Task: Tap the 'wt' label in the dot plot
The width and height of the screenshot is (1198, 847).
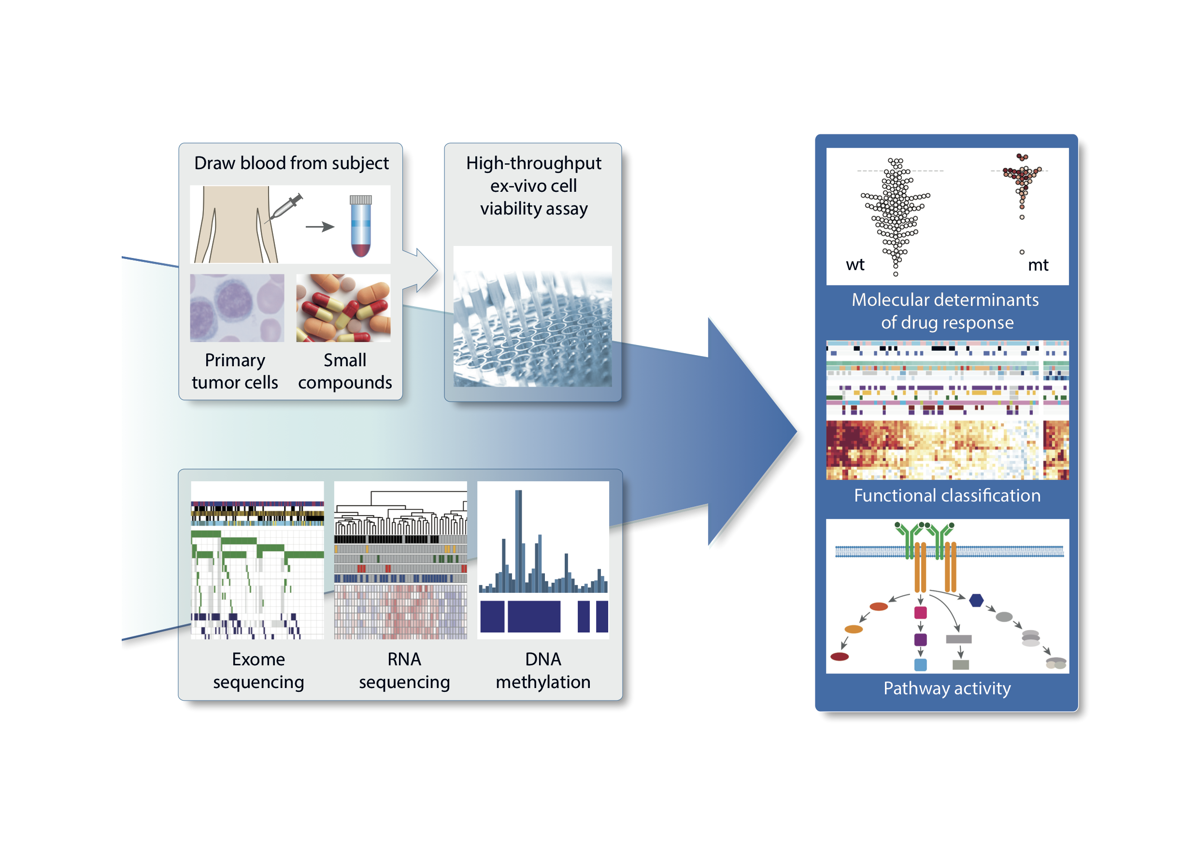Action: [x=855, y=265]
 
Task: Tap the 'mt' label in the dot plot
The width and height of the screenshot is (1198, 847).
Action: [x=1038, y=265]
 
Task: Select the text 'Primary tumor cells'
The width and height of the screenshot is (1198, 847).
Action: [x=235, y=371]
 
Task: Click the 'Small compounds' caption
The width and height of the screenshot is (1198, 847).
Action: [x=345, y=371]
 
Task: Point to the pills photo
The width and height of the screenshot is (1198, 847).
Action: [x=343, y=308]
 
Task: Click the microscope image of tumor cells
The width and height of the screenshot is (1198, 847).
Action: [x=237, y=308]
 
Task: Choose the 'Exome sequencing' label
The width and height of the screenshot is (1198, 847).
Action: [x=258, y=670]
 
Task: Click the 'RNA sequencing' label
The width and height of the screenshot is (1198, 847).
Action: [x=404, y=670]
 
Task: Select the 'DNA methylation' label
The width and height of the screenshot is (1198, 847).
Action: [x=543, y=670]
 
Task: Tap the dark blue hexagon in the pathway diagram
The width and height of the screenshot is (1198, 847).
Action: [x=976, y=600]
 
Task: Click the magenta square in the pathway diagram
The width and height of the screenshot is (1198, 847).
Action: [x=920, y=612]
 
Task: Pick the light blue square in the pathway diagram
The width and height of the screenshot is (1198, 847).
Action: [x=920, y=664]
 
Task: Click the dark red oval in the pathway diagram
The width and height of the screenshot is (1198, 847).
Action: [x=840, y=657]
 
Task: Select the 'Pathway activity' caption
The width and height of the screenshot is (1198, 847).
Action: [x=947, y=689]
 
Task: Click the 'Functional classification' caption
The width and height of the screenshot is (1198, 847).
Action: [x=947, y=495]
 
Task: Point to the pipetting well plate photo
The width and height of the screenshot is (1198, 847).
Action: [x=532, y=316]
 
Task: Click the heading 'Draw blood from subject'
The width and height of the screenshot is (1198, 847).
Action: [x=291, y=163]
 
